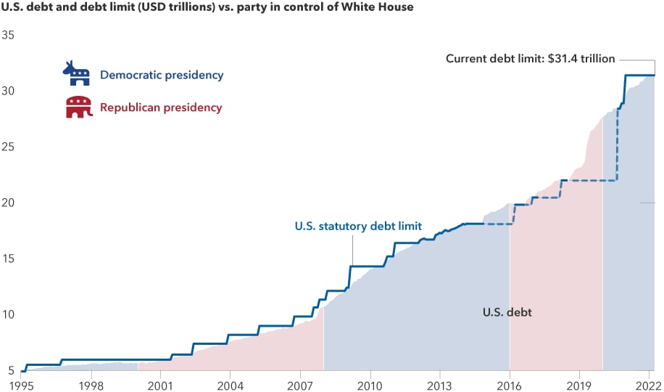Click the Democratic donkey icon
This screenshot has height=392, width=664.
[x=75, y=74]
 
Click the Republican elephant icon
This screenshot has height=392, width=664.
[x=78, y=107]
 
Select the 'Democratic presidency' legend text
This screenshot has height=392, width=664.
[x=162, y=75]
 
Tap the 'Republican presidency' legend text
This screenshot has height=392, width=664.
[x=161, y=107]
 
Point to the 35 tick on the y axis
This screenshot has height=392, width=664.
[x=10, y=35]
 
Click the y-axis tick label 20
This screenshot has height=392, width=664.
[x=10, y=203]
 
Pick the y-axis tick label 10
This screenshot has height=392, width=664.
[x=10, y=314]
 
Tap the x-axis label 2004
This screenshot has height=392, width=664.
[x=230, y=384]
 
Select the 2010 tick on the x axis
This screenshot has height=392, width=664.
[x=370, y=384]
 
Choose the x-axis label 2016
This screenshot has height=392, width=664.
[x=510, y=384]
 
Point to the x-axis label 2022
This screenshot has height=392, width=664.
[x=645, y=384]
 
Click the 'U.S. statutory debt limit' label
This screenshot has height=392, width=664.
[x=358, y=226]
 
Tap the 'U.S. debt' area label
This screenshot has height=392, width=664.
[x=507, y=313]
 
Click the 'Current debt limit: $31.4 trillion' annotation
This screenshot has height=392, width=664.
[x=530, y=59]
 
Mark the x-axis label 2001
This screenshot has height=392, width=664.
[x=160, y=384]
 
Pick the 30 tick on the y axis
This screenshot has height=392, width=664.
[x=10, y=91]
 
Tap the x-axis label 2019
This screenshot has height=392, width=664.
[x=579, y=384]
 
